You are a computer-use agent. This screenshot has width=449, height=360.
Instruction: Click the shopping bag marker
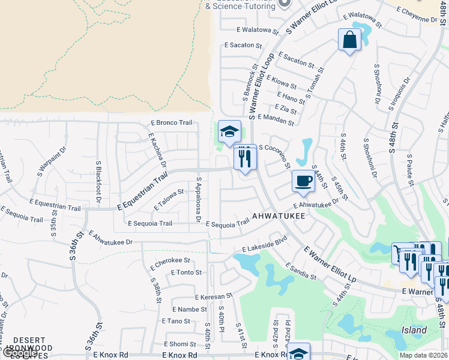349,40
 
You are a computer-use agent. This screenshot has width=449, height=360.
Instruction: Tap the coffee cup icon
303,181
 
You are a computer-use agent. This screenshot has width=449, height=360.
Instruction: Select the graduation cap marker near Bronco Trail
229,132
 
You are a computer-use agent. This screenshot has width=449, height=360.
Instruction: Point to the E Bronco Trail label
170,123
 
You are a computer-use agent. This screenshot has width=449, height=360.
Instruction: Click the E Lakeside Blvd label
265,244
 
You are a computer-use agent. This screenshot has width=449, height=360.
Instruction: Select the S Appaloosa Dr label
198,200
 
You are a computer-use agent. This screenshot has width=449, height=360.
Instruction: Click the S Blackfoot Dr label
98,178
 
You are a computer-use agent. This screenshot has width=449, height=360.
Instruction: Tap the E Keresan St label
213,296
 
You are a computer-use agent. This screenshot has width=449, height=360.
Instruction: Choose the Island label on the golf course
414,331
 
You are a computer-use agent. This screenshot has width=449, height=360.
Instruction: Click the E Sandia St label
301,271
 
